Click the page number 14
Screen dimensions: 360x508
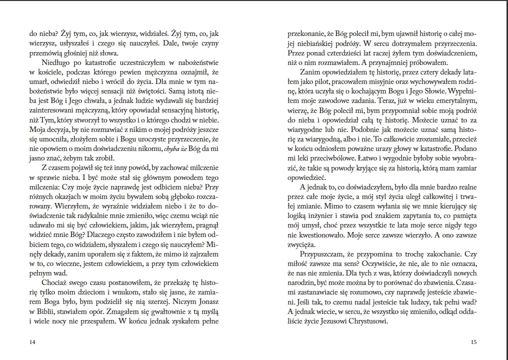[x=33, y=342]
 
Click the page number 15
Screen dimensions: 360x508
[x=474, y=342]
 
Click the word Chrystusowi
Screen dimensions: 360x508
[x=367, y=321]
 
